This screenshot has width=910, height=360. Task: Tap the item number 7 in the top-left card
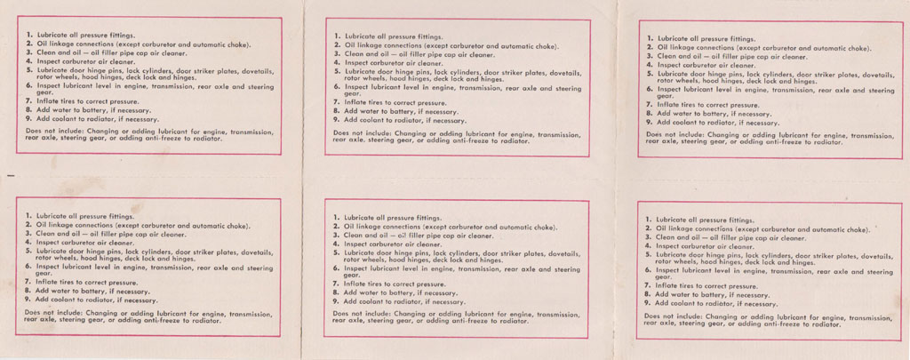click(x=28, y=103)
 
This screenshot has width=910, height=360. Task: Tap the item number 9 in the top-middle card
click(x=338, y=119)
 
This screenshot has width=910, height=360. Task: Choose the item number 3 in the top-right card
click(x=650, y=56)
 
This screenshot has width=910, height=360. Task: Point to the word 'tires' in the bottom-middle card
click(x=377, y=284)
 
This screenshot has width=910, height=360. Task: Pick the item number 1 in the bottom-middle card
click(x=337, y=217)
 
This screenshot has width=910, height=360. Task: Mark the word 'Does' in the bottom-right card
click(x=653, y=316)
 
